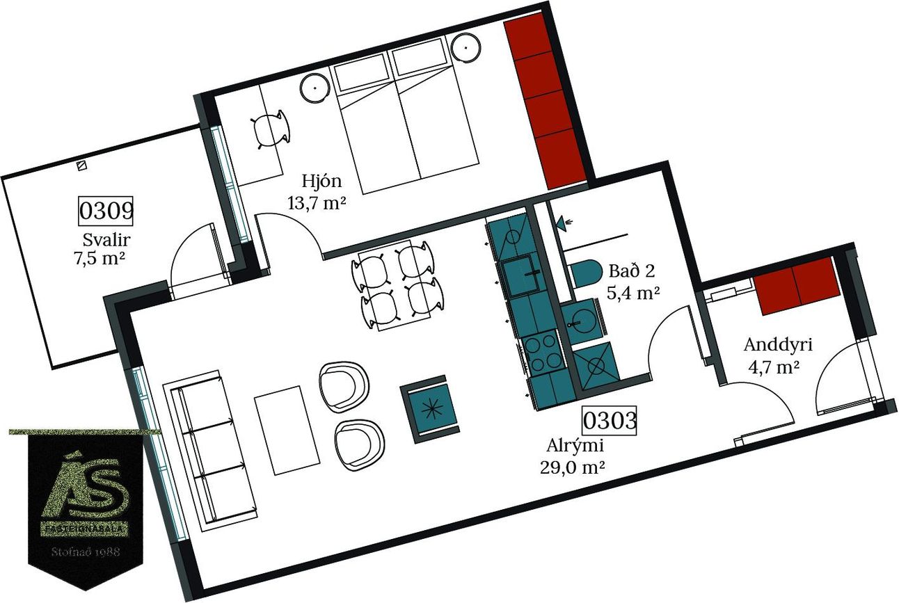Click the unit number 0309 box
point(106,211)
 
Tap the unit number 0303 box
point(610,421)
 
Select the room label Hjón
point(321,182)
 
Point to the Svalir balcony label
point(106,240)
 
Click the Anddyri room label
point(778,346)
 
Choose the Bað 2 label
point(632,271)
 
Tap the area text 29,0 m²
point(572,468)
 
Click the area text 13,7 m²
point(317,203)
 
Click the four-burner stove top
point(541,353)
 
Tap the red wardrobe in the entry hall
point(797,286)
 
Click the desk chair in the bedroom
point(271,130)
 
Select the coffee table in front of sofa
point(287,430)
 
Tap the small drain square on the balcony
point(82,166)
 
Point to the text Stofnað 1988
point(86,552)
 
